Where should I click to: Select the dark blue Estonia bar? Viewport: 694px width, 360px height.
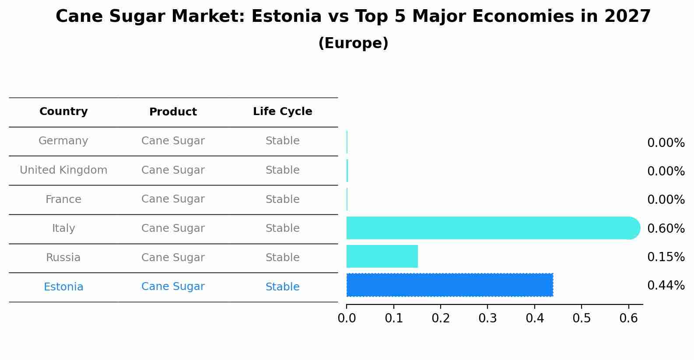(x=449, y=285)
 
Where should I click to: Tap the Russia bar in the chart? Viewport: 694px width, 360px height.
(x=382, y=256)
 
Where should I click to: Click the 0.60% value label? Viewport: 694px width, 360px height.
(x=666, y=228)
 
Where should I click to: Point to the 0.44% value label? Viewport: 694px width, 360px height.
(x=666, y=286)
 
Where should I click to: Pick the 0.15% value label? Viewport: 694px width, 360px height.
(x=666, y=257)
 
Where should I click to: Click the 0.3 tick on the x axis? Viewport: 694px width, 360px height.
(x=487, y=318)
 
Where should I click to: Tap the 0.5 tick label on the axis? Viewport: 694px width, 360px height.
(x=582, y=318)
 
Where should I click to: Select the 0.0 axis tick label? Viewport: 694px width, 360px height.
(x=347, y=318)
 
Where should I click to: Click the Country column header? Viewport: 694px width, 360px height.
(x=63, y=112)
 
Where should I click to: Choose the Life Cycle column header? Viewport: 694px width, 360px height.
(x=282, y=112)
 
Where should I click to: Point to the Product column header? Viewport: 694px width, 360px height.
(x=173, y=112)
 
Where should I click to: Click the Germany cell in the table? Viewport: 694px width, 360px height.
(x=63, y=141)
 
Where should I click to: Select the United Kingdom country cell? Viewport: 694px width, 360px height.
(x=63, y=170)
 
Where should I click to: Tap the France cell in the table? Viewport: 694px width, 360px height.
(x=63, y=199)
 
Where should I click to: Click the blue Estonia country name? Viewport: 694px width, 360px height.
(x=63, y=287)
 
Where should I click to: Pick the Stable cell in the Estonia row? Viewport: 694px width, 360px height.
(x=282, y=287)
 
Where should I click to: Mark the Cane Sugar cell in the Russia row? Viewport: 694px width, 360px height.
(x=173, y=258)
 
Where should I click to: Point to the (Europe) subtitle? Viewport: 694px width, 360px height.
(x=353, y=43)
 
